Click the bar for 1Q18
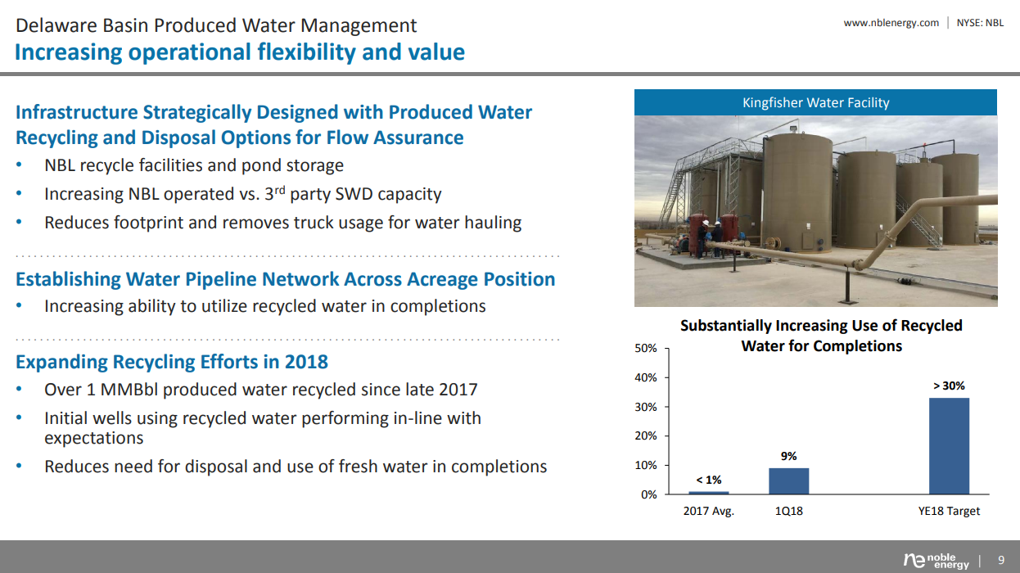click(x=788, y=481)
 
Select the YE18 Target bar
click(x=949, y=446)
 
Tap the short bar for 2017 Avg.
click(x=708, y=492)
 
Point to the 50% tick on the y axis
click(x=646, y=349)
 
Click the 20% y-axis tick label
click(x=646, y=436)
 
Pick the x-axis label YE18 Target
click(x=949, y=511)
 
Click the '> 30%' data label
click(x=949, y=386)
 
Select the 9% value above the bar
click(x=788, y=456)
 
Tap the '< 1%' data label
click(x=708, y=480)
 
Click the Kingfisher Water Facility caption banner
click(x=815, y=102)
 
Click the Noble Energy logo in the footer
click(x=936, y=561)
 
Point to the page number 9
click(x=1000, y=561)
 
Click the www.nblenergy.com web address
click(x=891, y=23)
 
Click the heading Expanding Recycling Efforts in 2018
click(x=172, y=362)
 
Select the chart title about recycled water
click(x=821, y=336)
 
